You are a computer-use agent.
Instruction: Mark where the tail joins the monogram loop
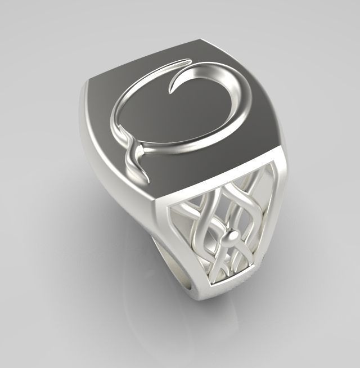(x=134, y=147)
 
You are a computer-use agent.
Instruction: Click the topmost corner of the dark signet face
(x=200, y=39)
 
